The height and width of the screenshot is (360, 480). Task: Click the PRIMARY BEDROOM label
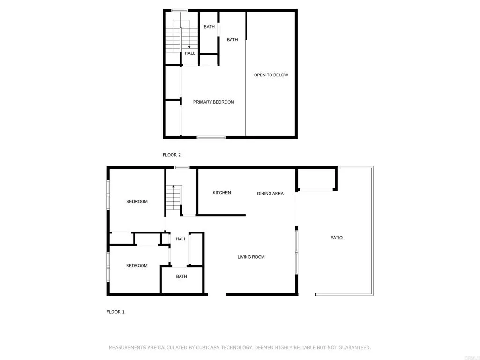(x=213, y=102)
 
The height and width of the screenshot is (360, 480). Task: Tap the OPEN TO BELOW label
(x=271, y=75)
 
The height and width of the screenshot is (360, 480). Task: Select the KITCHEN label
(x=222, y=193)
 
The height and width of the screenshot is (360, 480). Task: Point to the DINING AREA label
(x=270, y=193)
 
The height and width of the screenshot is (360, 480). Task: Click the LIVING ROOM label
(x=251, y=257)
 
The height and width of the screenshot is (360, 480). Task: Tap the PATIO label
(x=337, y=238)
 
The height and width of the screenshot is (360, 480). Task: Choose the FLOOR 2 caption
(x=172, y=155)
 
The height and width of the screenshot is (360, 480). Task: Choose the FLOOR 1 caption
(x=115, y=312)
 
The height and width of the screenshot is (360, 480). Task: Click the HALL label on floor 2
(x=190, y=53)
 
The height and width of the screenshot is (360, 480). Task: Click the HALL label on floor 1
(x=181, y=239)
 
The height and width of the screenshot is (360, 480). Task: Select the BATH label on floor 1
(x=181, y=276)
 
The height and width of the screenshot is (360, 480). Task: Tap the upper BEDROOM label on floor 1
(x=137, y=202)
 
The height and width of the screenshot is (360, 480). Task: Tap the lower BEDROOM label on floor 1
(x=137, y=266)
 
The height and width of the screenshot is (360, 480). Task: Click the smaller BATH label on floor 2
(x=209, y=27)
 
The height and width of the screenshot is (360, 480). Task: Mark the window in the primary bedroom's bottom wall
(x=211, y=137)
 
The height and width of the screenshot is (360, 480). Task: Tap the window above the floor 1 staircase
(x=181, y=167)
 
